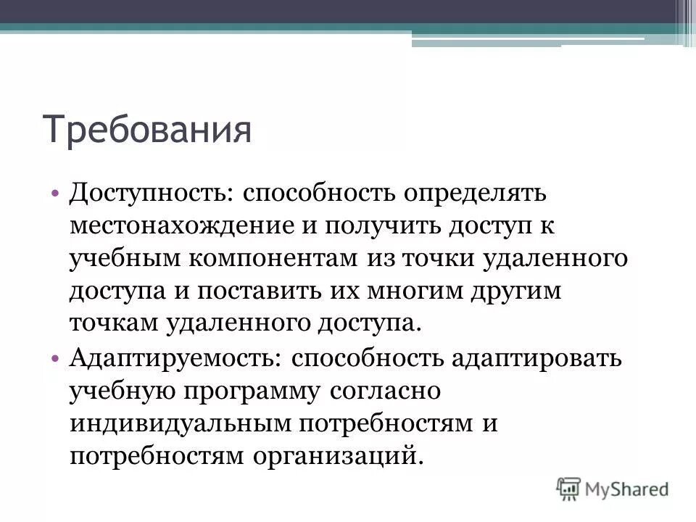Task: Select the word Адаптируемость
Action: coord(177,359)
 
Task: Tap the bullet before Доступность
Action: coord(57,194)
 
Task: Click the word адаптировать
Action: coord(536,359)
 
